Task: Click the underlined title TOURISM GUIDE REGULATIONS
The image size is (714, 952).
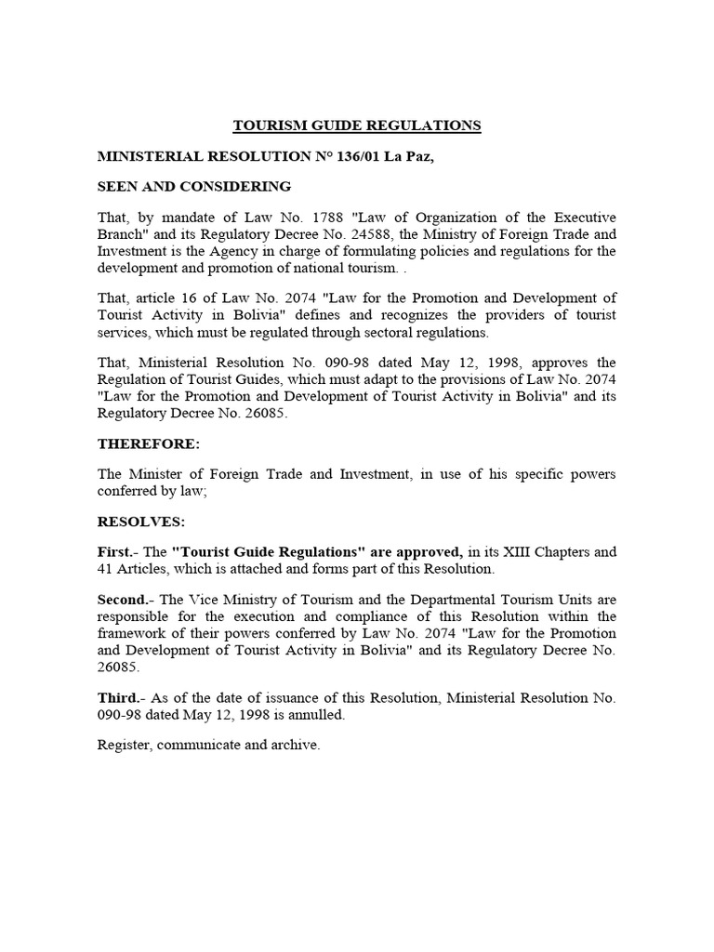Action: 356,126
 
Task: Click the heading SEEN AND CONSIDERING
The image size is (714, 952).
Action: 194,187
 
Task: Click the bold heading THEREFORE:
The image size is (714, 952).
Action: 149,443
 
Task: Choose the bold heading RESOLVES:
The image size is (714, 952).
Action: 142,522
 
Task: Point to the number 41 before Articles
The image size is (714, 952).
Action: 107,569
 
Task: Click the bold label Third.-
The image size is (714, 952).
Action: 121,697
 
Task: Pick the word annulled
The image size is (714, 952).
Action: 315,714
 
